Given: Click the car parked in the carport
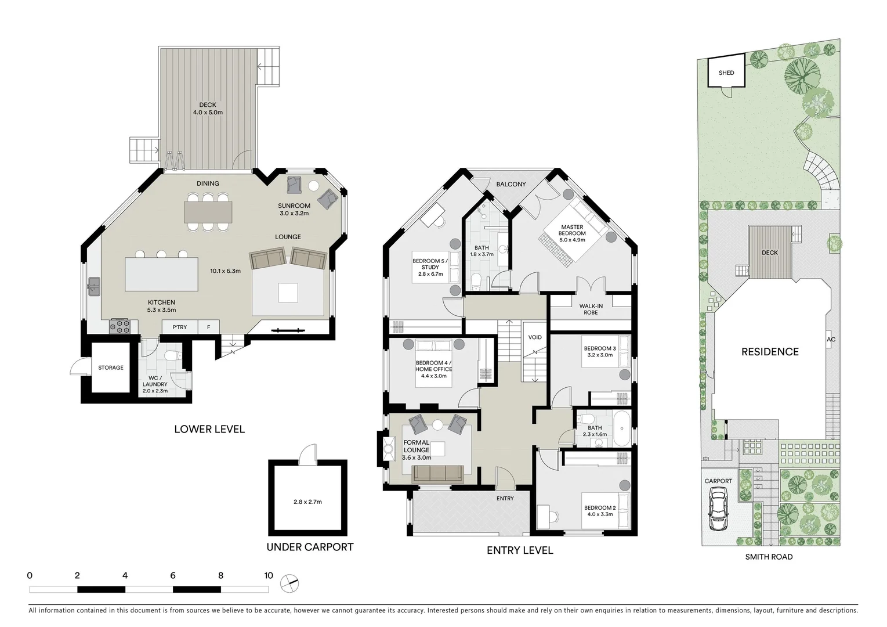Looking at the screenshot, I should (718, 510).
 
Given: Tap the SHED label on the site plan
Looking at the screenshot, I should (726, 73).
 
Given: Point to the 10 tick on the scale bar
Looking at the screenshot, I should (268, 576).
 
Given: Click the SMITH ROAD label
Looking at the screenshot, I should (769, 557).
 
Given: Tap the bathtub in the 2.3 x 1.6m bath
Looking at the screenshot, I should (621, 428).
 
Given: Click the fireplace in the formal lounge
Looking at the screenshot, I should (387, 448).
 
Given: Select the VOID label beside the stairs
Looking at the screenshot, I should (535, 337).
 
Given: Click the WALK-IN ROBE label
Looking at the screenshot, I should (591, 309).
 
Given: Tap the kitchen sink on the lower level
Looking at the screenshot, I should (93, 285).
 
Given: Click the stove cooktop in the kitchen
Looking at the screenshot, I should (120, 327).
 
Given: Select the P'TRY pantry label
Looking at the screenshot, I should (180, 327).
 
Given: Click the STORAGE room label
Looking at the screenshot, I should (110, 367).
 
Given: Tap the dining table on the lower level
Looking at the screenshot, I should (208, 212).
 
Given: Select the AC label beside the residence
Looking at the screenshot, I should (831, 340).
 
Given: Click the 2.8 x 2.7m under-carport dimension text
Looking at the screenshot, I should (307, 502).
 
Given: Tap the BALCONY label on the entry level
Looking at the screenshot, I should (511, 184).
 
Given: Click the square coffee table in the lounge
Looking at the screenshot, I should (288, 293).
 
